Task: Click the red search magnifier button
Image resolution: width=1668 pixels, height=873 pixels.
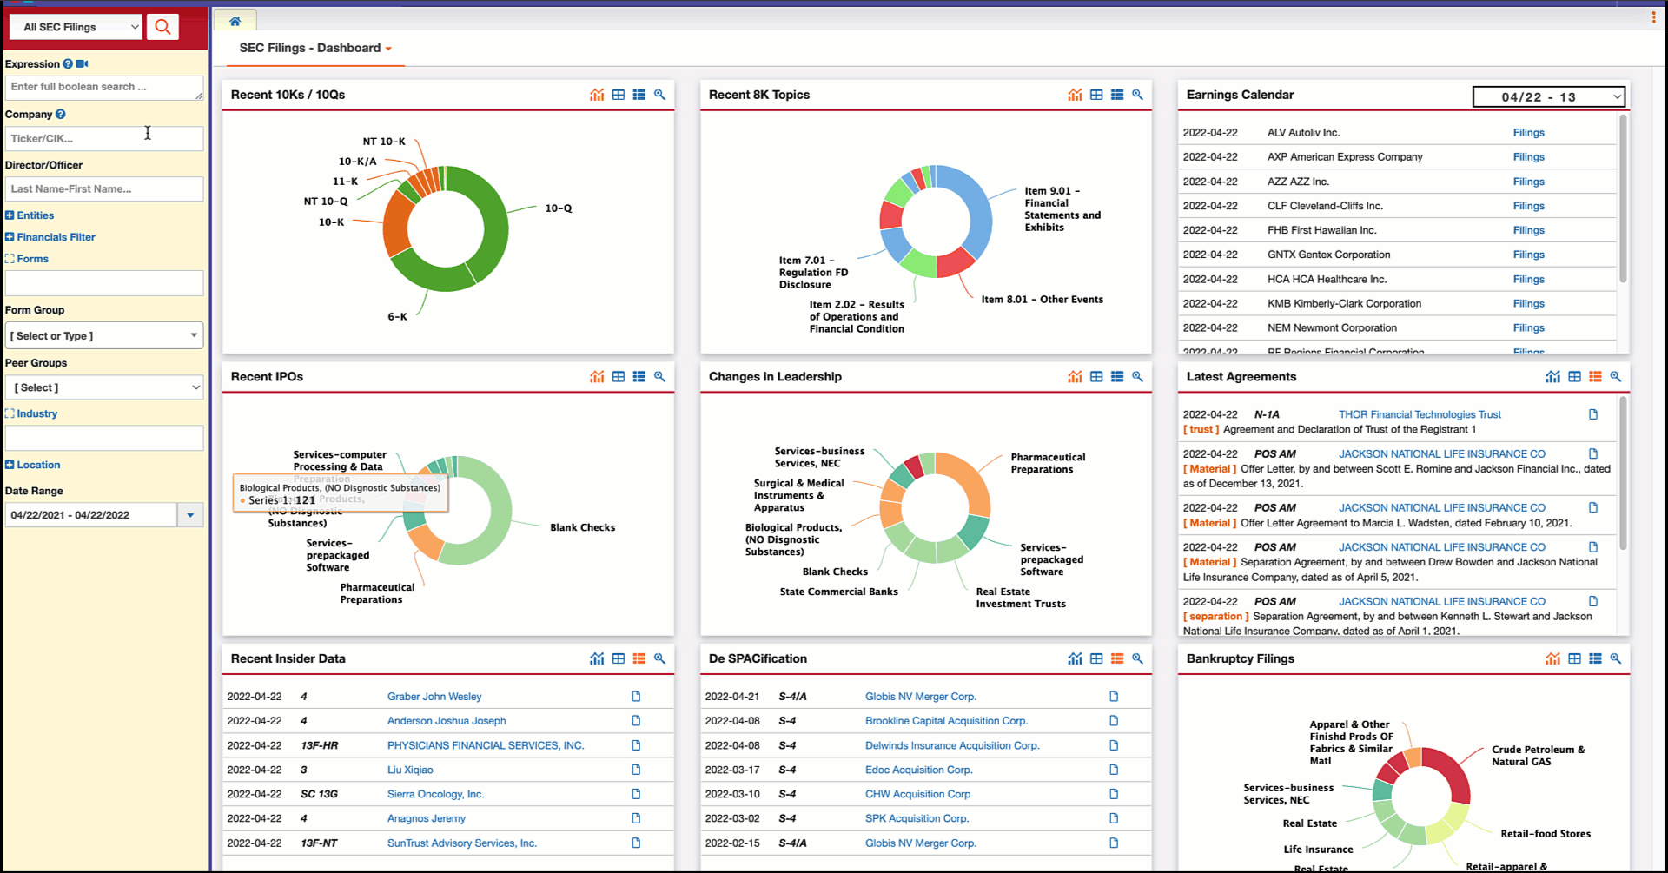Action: click(162, 27)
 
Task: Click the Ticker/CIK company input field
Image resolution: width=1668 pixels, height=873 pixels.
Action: click(103, 138)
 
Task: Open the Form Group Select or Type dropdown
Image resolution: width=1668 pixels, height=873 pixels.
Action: click(103, 335)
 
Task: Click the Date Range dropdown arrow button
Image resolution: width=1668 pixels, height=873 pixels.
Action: click(190, 515)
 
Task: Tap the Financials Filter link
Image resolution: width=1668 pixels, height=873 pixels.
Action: click(56, 237)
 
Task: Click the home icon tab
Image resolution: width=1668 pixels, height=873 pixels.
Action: click(235, 21)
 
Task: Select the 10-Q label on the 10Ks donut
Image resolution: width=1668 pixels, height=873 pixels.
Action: click(559, 208)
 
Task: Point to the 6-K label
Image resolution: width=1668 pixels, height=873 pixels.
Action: click(397, 317)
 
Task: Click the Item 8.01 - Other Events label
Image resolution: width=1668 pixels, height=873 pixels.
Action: click(1042, 300)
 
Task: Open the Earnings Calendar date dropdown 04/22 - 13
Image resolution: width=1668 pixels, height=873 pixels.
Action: click(1549, 97)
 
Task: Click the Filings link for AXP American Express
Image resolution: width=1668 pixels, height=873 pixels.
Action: click(1528, 157)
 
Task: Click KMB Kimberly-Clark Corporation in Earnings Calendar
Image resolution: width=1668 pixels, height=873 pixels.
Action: click(1344, 304)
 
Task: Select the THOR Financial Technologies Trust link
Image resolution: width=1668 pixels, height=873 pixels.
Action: click(1420, 415)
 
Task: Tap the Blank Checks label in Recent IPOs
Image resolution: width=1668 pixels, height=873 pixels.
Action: click(582, 528)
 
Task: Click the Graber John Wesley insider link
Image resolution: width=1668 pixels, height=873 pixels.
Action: click(434, 697)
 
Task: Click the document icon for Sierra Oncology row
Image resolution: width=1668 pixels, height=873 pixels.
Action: click(636, 794)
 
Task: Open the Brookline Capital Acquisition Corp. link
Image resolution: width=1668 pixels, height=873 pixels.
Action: click(946, 721)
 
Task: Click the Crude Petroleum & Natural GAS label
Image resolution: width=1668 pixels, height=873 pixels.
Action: click(1538, 756)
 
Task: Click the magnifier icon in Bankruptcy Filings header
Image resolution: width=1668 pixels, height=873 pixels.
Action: click(1615, 658)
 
